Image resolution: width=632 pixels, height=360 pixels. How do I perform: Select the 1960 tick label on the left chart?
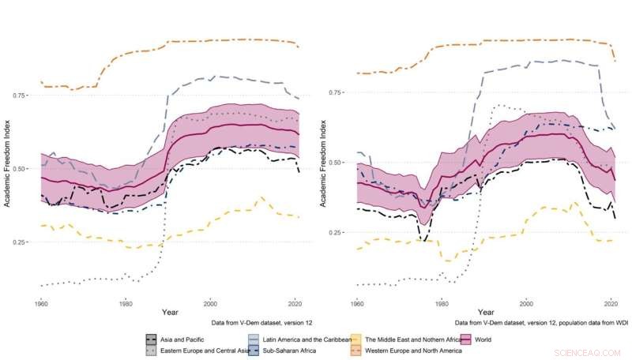(x=41, y=303)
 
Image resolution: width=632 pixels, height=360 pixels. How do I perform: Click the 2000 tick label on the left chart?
(x=210, y=303)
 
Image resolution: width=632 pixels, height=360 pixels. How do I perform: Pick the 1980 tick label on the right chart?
(x=442, y=303)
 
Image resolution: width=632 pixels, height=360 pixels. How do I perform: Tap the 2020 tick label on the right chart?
(x=610, y=303)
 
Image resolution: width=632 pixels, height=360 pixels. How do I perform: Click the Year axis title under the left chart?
(x=169, y=313)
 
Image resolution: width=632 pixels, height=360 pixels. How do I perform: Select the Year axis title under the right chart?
(x=484, y=313)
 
